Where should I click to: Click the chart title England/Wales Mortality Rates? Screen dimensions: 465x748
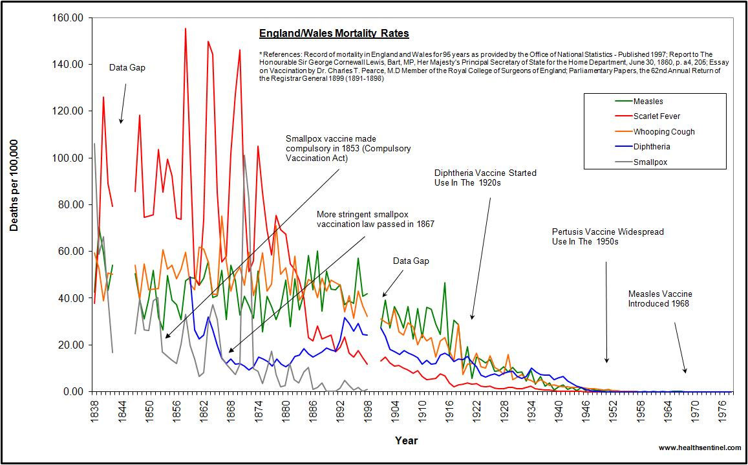click(x=334, y=34)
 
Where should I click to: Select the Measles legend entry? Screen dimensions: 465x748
click(x=648, y=102)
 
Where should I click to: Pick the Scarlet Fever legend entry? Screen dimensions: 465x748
click(x=656, y=116)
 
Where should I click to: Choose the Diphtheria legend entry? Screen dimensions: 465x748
click(x=652, y=147)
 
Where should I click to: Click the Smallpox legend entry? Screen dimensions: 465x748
click(x=650, y=162)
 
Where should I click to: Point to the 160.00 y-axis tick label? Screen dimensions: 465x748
click(x=69, y=18)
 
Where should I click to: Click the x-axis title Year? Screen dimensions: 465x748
click(x=407, y=441)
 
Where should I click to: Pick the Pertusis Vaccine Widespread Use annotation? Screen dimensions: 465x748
click(x=608, y=237)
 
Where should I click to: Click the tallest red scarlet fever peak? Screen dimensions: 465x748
click(x=186, y=29)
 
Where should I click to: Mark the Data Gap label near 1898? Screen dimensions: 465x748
click(x=411, y=261)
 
